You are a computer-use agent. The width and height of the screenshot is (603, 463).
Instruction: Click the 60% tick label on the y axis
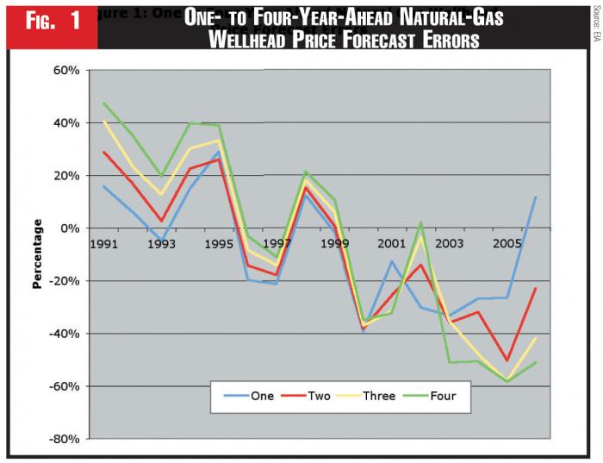pos(63,71)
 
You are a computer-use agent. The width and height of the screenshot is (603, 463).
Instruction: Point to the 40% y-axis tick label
pos(63,123)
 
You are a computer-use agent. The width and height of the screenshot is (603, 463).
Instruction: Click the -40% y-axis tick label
pos(60,334)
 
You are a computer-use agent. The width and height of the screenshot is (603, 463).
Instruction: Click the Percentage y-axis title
pos(37,253)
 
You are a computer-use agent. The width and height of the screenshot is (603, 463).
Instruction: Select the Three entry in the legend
pos(380,396)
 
